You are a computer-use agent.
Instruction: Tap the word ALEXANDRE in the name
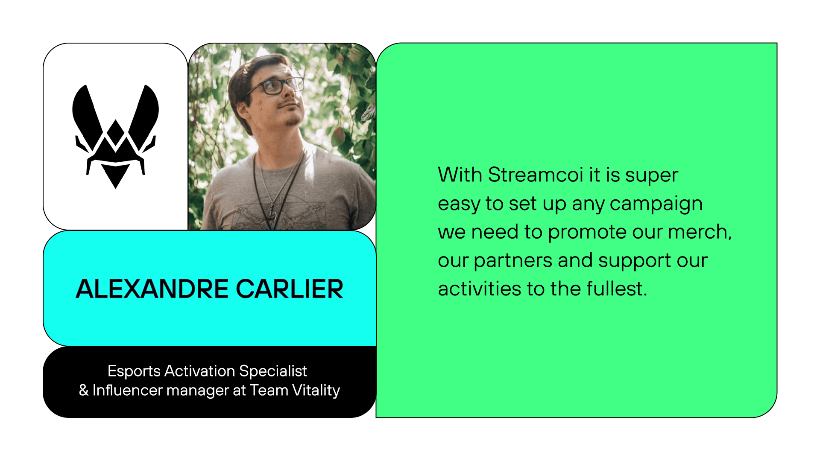point(152,289)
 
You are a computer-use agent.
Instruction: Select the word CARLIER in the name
point(290,289)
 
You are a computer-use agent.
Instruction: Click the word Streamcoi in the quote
point(535,175)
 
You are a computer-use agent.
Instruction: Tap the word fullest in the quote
point(617,289)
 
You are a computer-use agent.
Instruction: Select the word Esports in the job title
point(134,371)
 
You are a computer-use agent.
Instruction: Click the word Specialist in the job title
point(273,371)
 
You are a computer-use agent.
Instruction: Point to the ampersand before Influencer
point(84,390)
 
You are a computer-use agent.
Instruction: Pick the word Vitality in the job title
point(316,391)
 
